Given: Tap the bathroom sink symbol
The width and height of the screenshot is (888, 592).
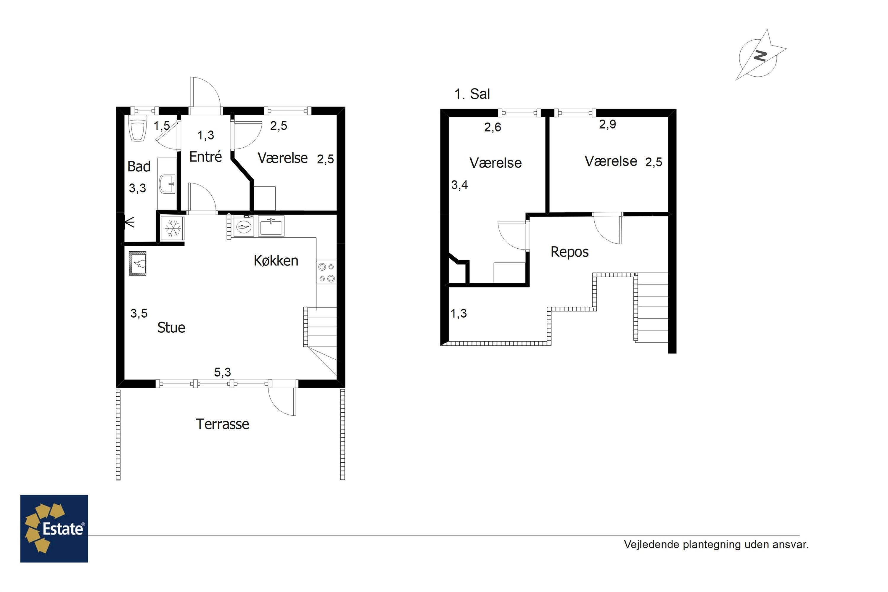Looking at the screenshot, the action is click(167, 184).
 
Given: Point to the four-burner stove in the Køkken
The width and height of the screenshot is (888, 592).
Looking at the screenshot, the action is click(326, 272).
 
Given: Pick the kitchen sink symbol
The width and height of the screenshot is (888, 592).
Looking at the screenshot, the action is click(271, 226).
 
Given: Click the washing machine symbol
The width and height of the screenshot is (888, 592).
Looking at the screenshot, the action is click(244, 226).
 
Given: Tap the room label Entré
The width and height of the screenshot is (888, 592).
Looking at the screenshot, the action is click(205, 157).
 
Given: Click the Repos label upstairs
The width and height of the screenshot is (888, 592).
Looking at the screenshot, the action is click(570, 252).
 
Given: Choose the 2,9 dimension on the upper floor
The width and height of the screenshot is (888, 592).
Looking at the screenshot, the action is click(607, 124).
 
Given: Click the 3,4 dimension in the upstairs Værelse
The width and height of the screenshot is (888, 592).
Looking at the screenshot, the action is click(459, 185).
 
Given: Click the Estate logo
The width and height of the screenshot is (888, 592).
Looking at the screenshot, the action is click(54, 529).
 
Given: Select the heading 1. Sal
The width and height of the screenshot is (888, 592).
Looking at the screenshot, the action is click(472, 94).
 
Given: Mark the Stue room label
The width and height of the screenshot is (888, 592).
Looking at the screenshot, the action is click(171, 328).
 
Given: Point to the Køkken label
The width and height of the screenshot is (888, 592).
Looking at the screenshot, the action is click(276, 260).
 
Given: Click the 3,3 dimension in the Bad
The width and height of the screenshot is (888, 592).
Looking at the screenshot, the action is click(137, 188).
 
